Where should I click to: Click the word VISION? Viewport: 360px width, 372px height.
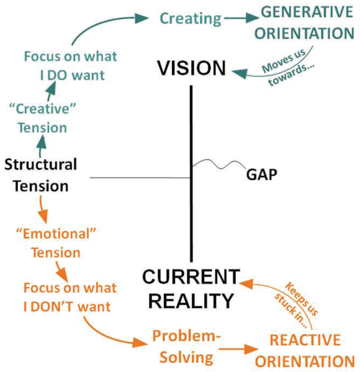pos(191,68)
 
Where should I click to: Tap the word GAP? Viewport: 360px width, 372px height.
pos(261,175)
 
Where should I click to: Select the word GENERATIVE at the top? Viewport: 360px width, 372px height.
pos(307,12)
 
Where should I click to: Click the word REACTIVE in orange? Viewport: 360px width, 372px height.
pos(305,340)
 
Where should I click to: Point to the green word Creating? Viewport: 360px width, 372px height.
pos(191,19)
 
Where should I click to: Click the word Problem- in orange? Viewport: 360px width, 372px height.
pos(186,336)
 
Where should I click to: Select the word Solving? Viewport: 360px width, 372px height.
pos(186,358)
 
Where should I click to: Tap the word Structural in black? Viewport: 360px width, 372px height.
pos(40,164)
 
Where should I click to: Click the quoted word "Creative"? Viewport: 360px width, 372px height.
pos(42,109)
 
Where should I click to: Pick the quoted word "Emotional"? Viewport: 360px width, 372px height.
pos(56,234)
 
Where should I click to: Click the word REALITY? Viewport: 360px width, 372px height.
pos(191,301)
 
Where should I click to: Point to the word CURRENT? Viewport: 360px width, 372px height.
pos(191,276)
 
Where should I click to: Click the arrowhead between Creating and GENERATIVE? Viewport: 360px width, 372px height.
pos(251,18)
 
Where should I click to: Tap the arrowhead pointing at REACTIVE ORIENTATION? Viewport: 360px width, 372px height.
pos(251,349)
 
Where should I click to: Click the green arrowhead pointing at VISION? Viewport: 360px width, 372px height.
pos(240,73)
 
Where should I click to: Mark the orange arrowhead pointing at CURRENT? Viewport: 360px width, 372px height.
pos(246,284)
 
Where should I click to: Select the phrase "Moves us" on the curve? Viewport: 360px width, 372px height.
pos(284,61)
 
